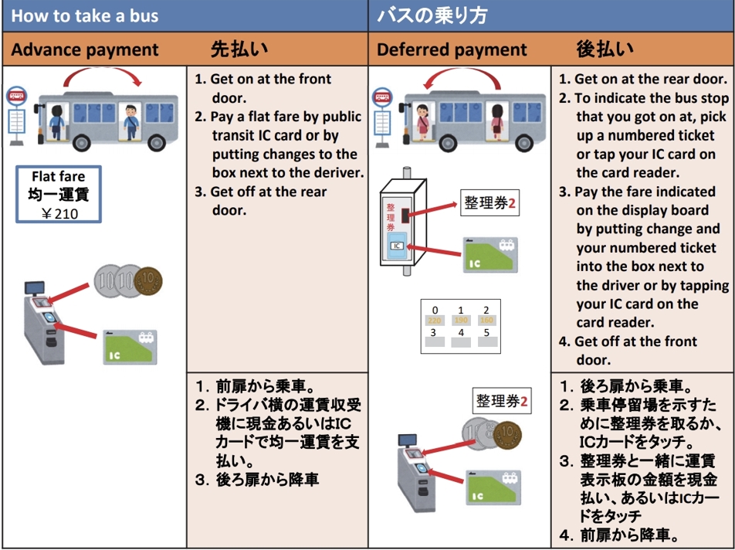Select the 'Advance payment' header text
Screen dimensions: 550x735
point(85,50)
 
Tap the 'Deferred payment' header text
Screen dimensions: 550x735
point(452,50)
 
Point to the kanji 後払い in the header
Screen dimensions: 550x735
point(605,49)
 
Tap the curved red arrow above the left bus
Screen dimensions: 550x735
point(103,76)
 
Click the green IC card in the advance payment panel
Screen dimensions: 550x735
point(130,347)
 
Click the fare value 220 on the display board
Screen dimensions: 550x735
point(435,319)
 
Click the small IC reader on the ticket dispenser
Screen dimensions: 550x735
point(397,246)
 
